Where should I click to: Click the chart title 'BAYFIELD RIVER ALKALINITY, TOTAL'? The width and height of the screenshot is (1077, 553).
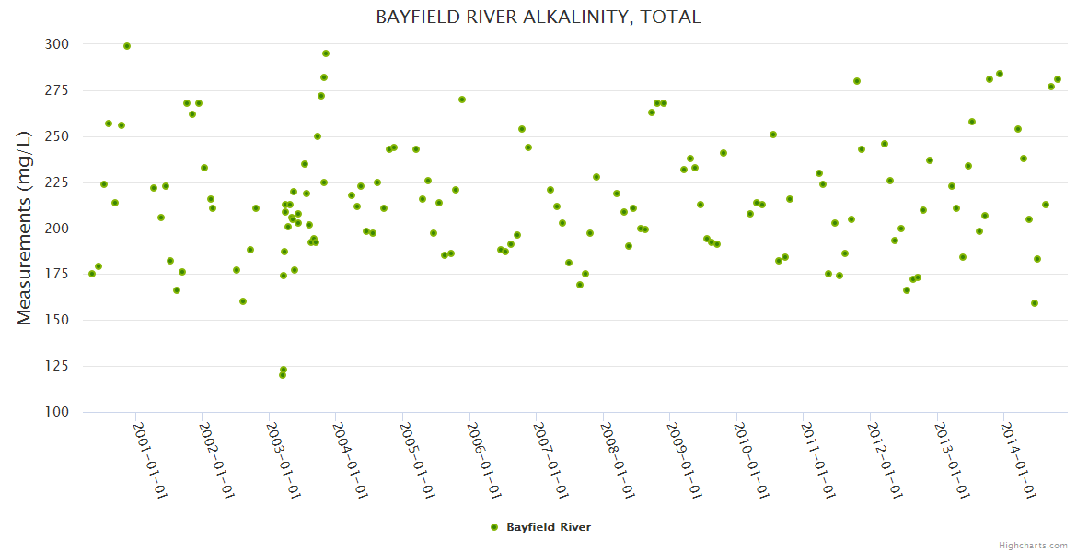(x=538, y=17)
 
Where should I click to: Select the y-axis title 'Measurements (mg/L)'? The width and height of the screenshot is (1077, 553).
(x=25, y=229)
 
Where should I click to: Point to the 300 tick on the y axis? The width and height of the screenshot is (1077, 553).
(x=56, y=44)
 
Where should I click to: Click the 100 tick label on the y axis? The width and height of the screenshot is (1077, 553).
(x=56, y=412)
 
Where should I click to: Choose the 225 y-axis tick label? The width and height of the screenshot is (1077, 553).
(x=56, y=182)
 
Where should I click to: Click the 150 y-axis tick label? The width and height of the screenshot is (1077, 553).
(x=56, y=320)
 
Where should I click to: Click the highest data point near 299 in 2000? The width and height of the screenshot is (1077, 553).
(x=127, y=46)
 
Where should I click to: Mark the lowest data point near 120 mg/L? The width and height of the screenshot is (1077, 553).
(x=283, y=375)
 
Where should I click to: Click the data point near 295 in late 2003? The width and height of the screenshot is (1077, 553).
(x=326, y=53)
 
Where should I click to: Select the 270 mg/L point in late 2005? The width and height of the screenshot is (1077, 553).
(x=462, y=100)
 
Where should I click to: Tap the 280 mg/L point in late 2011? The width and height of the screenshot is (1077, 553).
(x=857, y=81)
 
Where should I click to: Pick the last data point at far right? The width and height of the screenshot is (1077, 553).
(x=1058, y=79)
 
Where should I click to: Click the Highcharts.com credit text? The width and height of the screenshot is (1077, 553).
(x=1033, y=545)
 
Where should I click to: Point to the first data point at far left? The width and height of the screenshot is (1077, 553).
(x=91, y=274)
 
